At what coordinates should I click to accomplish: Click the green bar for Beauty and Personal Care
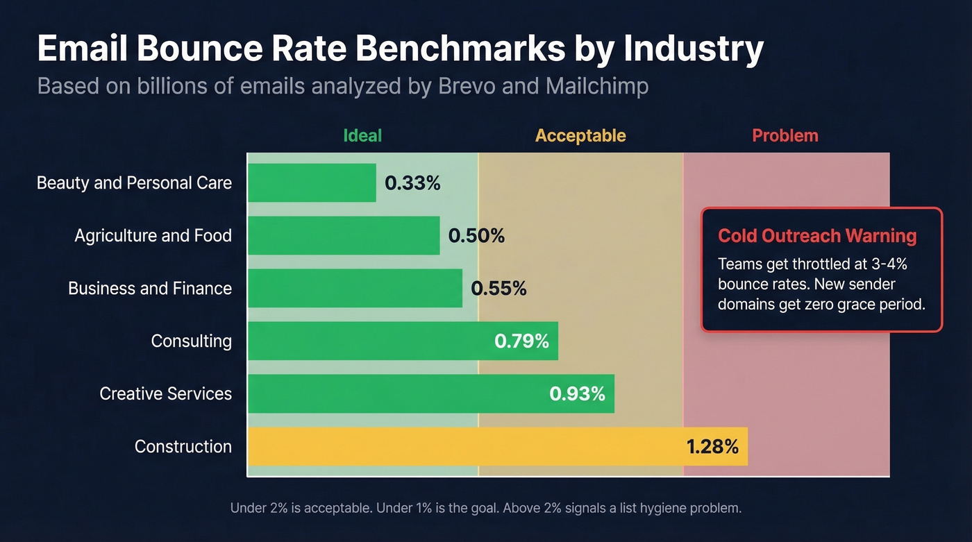312,183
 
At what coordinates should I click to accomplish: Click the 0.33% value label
412,183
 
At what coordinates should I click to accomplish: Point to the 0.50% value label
476,236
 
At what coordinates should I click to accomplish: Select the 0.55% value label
498,289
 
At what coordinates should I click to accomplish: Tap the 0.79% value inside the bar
521,341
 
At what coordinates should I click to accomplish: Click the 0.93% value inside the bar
577,393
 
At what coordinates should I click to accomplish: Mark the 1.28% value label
712,446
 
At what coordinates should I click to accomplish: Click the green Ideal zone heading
362,135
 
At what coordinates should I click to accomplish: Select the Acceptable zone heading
580,135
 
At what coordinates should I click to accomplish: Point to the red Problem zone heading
785,135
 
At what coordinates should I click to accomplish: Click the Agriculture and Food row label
153,236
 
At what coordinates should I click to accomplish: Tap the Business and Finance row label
150,289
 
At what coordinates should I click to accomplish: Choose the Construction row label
183,446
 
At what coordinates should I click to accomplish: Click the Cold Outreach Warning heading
817,236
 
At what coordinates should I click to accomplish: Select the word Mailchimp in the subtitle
597,86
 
